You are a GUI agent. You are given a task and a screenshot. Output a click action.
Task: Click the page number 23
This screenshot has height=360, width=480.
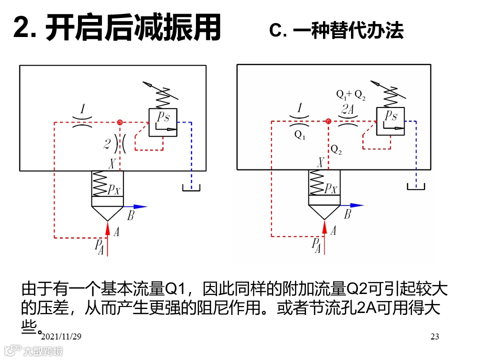[434, 337]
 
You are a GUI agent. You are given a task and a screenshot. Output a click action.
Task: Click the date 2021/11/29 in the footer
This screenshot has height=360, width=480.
[61, 337]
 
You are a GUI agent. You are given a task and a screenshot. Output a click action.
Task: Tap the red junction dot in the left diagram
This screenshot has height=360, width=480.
[119, 122]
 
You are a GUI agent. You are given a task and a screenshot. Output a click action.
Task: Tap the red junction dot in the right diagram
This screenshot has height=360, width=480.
[328, 121]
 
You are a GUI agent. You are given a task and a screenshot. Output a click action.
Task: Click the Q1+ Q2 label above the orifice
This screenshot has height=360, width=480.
[350, 94]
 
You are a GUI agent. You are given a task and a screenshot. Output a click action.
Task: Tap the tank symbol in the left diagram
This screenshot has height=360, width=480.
[191, 188]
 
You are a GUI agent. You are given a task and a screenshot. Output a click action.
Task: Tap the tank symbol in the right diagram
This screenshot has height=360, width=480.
[415, 186]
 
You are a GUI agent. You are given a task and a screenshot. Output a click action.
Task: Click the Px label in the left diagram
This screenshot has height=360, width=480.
[114, 190]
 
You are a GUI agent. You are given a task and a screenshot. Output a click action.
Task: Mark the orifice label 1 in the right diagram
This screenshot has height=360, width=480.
[299, 107]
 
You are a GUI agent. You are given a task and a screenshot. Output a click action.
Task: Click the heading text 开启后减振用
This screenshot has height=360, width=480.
[133, 28]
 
